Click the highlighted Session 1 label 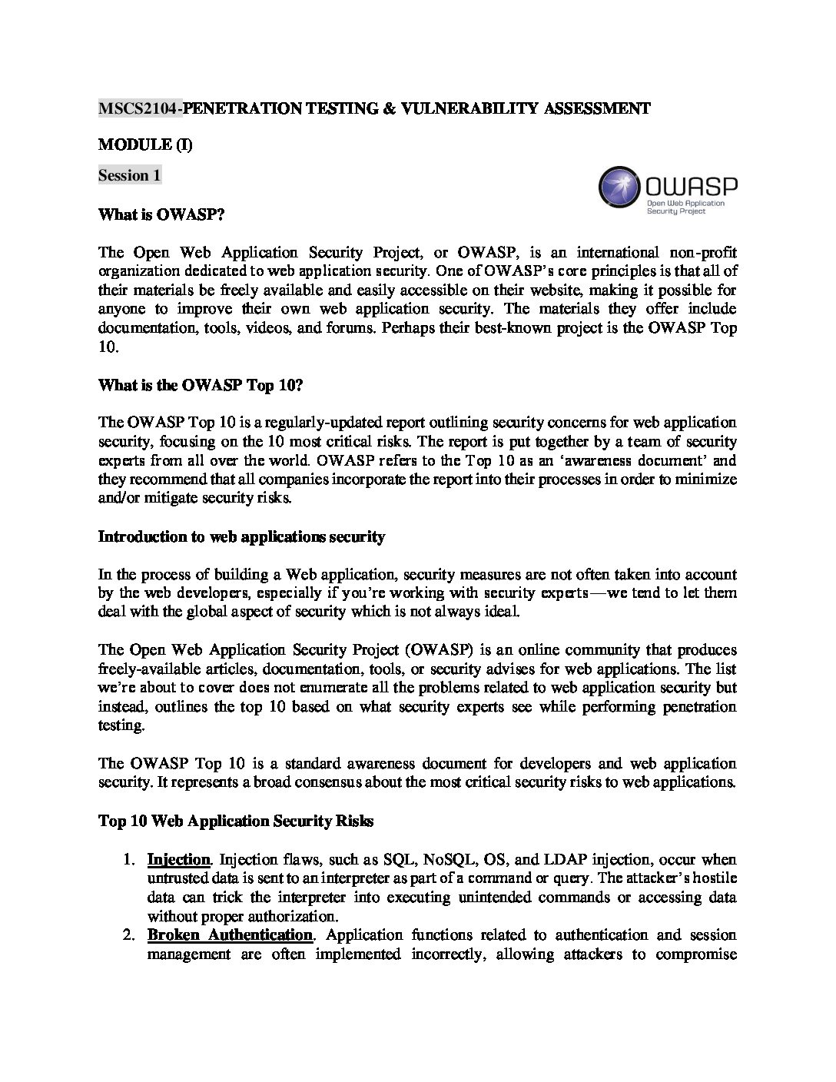click(x=129, y=175)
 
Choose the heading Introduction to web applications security click(x=241, y=536)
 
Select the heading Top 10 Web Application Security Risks click(x=236, y=821)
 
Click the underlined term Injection click(x=178, y=859)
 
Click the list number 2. click(x=130, y=935)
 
